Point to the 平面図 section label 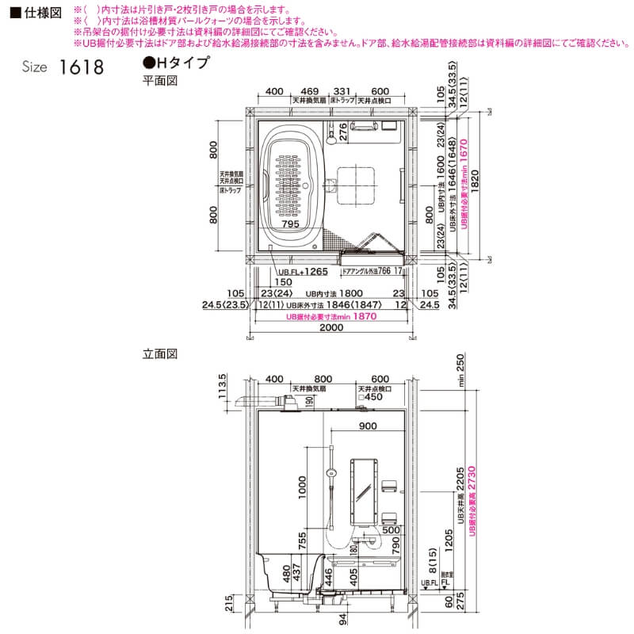click(158, 81)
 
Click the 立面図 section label click(158, 353)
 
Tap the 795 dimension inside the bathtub click(289, 225)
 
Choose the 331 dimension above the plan click(342, 92)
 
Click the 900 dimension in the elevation click(367, 426)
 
